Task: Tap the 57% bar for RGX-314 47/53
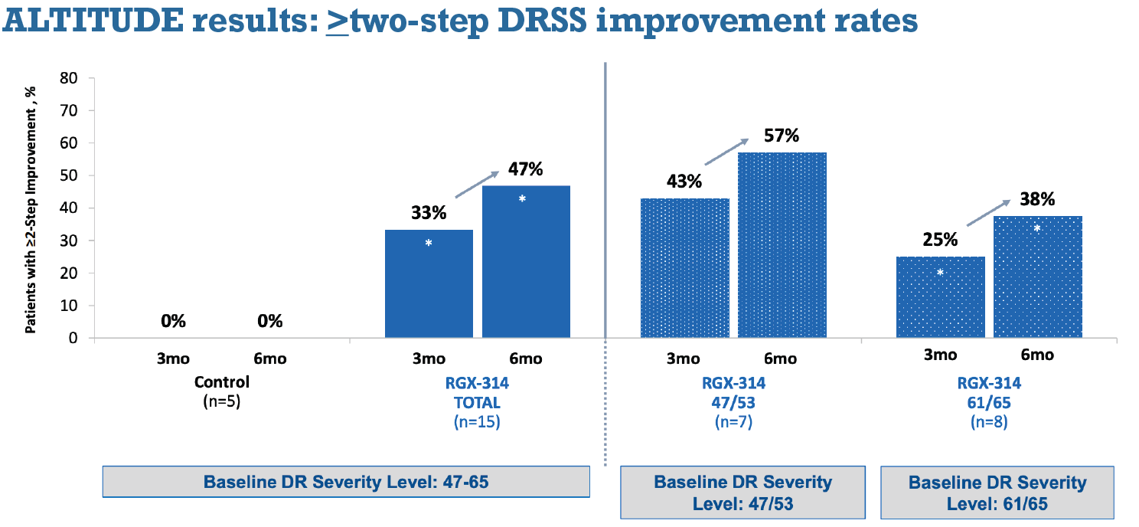click(782, 245)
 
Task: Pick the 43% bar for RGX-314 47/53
click(684, 268)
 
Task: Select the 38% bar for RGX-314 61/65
click(1037, 277)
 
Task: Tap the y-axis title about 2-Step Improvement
click(31, 209)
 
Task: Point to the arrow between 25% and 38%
click(989, 214)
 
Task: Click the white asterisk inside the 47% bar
click(522, 199)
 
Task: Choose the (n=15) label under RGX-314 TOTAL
click(476, 421)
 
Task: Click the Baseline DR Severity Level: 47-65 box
click(346, 482)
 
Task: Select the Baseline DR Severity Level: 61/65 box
click(997, 493)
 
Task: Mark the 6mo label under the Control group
click(270, 358)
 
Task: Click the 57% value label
click(782, 136)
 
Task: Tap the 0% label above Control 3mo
click(174, 321)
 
